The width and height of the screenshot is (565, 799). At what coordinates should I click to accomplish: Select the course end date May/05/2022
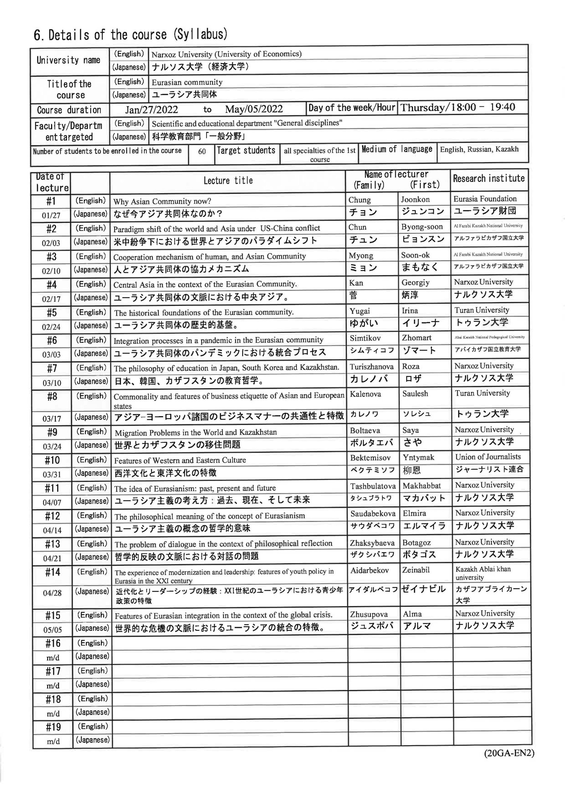[x=254, y=109]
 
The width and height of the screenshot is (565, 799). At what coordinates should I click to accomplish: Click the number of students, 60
[x=202, y=151]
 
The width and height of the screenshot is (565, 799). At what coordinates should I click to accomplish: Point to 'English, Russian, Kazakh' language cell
[x=479, y=149]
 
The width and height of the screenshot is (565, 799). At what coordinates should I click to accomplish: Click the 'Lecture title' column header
[x=228, y=181]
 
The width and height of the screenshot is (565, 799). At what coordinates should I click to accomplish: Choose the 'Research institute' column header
[x=489, y=179]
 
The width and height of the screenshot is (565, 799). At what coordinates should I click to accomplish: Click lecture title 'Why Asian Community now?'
[x=162, y=201]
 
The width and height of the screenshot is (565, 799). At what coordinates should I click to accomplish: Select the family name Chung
[x=359, y=200]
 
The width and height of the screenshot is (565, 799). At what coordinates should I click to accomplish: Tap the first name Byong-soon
[x=422, y=227]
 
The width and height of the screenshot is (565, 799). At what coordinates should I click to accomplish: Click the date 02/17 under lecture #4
[x=51, y=299]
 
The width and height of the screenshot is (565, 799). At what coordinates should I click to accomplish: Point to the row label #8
[x=52, y=396]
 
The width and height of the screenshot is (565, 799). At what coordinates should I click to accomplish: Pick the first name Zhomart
[x=416, y=338]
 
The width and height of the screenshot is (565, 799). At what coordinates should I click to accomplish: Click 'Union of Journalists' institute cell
[x=488, y=457]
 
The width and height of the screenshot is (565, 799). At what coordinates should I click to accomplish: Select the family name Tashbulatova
[x=373, y=486]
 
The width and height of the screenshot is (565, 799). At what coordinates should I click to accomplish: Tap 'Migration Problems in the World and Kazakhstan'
[x=196, y=433]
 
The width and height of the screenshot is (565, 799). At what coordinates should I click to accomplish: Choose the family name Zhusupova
[x=369, y=614]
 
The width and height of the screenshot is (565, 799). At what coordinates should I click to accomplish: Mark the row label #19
[x=53, y=727]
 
